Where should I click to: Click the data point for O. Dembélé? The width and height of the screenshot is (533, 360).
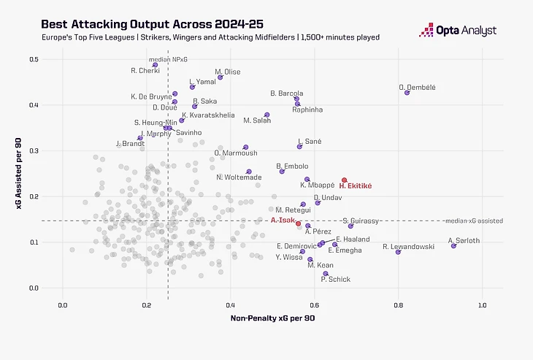(x=407, y=93)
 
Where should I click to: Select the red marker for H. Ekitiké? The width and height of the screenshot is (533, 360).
(x=345, y=180)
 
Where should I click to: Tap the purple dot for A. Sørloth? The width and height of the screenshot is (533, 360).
(x=453, y=246)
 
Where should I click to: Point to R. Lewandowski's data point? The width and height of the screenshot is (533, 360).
(x=398, y=252)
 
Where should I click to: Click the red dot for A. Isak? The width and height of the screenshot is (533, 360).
(x=298, y=223)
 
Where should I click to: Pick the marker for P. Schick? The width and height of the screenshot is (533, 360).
(x=326, y=274)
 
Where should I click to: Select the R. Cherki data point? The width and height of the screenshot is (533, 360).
(x=156, y=64)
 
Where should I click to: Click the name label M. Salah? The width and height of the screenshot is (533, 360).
(x=257, y=120)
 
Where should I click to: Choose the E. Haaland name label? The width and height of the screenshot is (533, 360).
(x=353, y=240)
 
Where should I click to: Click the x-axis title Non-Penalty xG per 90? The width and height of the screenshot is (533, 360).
(x=272, y=319)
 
